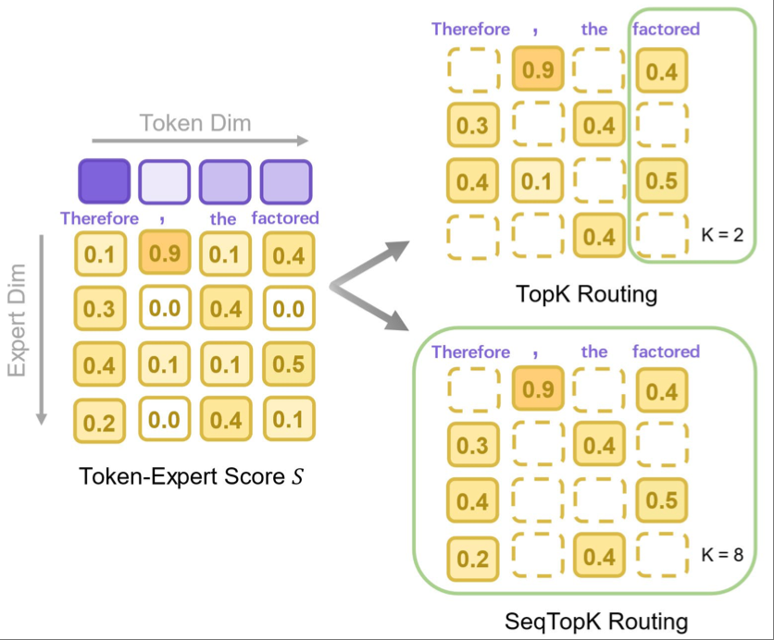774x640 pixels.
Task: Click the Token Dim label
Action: coord(195,122)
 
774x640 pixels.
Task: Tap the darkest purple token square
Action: coord(104,181)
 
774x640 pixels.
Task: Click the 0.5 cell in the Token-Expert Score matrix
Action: coord(288,363)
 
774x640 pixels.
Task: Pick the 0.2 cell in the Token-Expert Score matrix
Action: coord(98,422)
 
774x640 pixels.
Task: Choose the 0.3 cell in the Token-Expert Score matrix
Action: coord(98,309)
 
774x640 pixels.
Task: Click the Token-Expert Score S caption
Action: coord(193,477)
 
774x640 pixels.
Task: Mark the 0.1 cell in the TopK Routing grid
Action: coord(534,181)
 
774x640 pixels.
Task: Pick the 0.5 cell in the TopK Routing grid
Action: coord(661,181)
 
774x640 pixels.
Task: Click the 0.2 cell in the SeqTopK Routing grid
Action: coord(472,558)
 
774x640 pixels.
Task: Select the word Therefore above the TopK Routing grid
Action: coord(470,30)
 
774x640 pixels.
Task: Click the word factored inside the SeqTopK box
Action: coord(666,352)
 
